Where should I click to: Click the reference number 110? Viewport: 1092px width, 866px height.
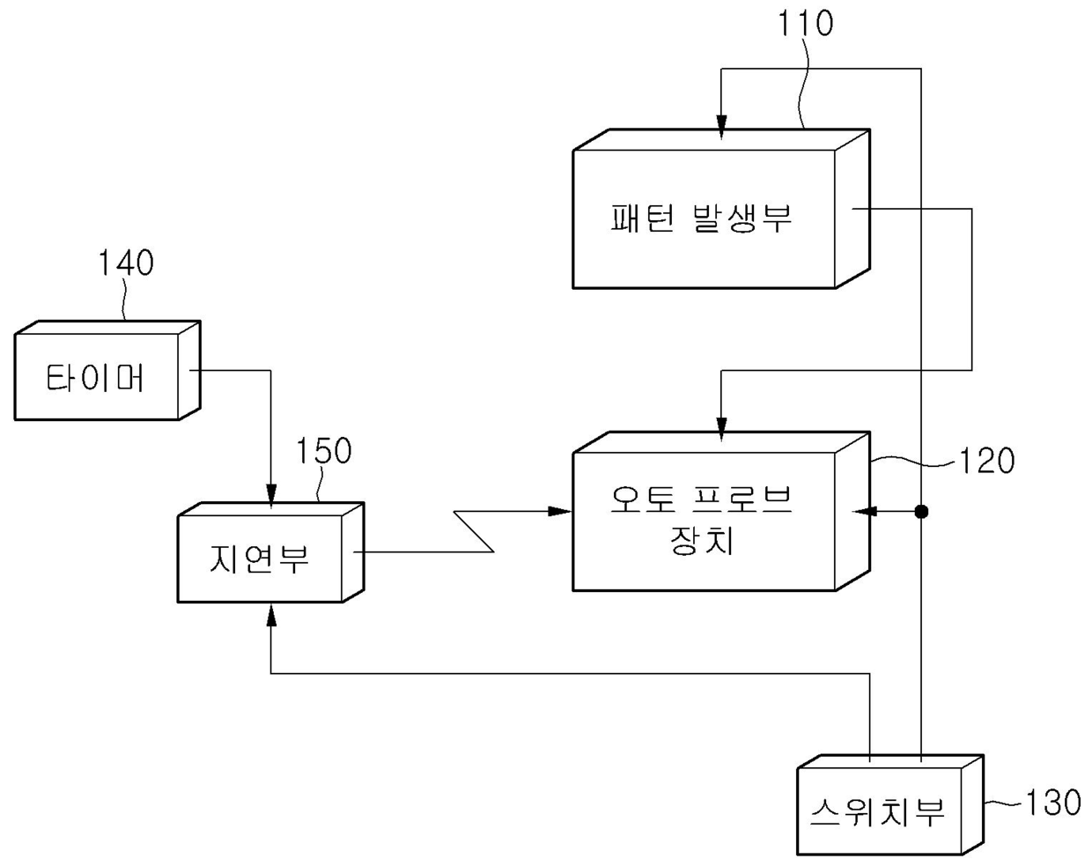tap(804, 24)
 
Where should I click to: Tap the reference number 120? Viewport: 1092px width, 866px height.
tap(986, 461)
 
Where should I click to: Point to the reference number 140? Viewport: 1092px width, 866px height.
tap(126, 263)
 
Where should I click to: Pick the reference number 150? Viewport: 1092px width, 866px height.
tap(323, 451)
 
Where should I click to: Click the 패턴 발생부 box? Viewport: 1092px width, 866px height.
tap(704, 218)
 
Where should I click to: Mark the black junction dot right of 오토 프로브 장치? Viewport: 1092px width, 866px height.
tap(921, 511)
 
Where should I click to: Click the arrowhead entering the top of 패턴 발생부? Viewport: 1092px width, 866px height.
tap(721, 130)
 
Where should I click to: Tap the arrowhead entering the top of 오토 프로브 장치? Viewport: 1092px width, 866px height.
tap(721, 432)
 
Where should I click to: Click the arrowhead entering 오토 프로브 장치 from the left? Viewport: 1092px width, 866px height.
tap(560, 511)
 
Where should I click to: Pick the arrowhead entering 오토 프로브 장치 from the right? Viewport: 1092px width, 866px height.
tap(863, 511)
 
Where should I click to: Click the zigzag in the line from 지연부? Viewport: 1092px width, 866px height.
tap(474, 531)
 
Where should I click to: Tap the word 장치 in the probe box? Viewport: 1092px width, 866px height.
tap(702, 540)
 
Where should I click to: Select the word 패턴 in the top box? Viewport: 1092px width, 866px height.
tap(637, 218)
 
